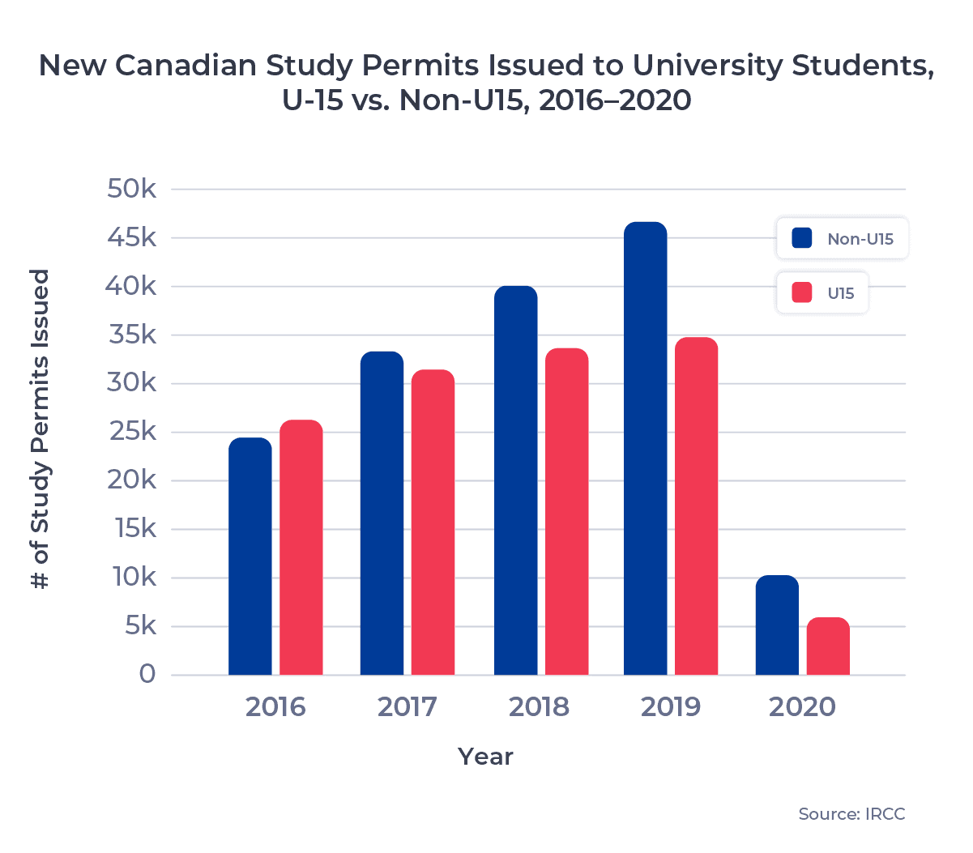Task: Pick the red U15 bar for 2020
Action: pyautogui.click(x=828, y=646)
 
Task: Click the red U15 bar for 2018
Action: pyautogui.click(x=566, y=511)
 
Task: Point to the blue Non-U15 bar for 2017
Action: pyautogui.click(x=382, y=513)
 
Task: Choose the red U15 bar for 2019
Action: pyautogui.click(x=697, y=505)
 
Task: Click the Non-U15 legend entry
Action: pyautogui.click(x=843, y=239)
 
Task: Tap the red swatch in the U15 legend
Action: pyautogui.click(x=802, y=293)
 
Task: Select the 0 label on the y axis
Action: pyautogui.click(x=147, y=674)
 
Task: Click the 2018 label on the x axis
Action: pyautogui.click(x=539, y=706)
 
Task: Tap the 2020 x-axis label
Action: pyautogui.click(x=802, y=706)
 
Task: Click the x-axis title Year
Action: pyautogui.click(x=485, y=757)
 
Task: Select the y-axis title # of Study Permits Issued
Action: pyautogui.click(x=41, y=429)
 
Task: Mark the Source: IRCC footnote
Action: pyautogui.click(x=851, y=814)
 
